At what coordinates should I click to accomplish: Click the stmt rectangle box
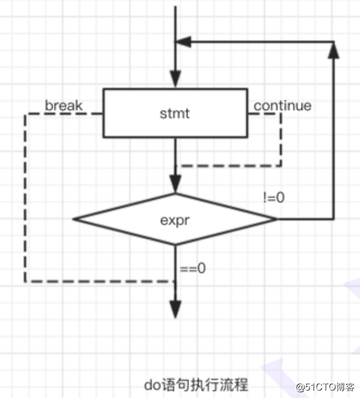click(x=175, y=113)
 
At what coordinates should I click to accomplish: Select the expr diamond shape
click(x=175, y=219)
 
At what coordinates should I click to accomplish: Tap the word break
click(x=64, y=106)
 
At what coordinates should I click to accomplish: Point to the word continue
click(x=283, y=106)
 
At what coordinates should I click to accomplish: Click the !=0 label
click(x=274, y=198)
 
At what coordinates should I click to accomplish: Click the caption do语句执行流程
click(x=196, y=384)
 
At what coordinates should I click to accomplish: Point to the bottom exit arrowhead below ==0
click(x=176, y=308)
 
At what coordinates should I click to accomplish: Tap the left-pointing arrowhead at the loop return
click(x=184, y=41)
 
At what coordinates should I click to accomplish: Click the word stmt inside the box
click(x=175, y=113)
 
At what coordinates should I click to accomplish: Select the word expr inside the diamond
click(x=175, y=219)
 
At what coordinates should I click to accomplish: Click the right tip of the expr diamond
click(x=276, y=219)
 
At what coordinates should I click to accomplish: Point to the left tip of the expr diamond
click(x=74, y=219)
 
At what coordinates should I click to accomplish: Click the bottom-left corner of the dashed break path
click(x=25, y=281)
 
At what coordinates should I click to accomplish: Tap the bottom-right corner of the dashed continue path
click(x=281, y=166)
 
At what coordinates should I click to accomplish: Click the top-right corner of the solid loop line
click(x=334, y=41)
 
